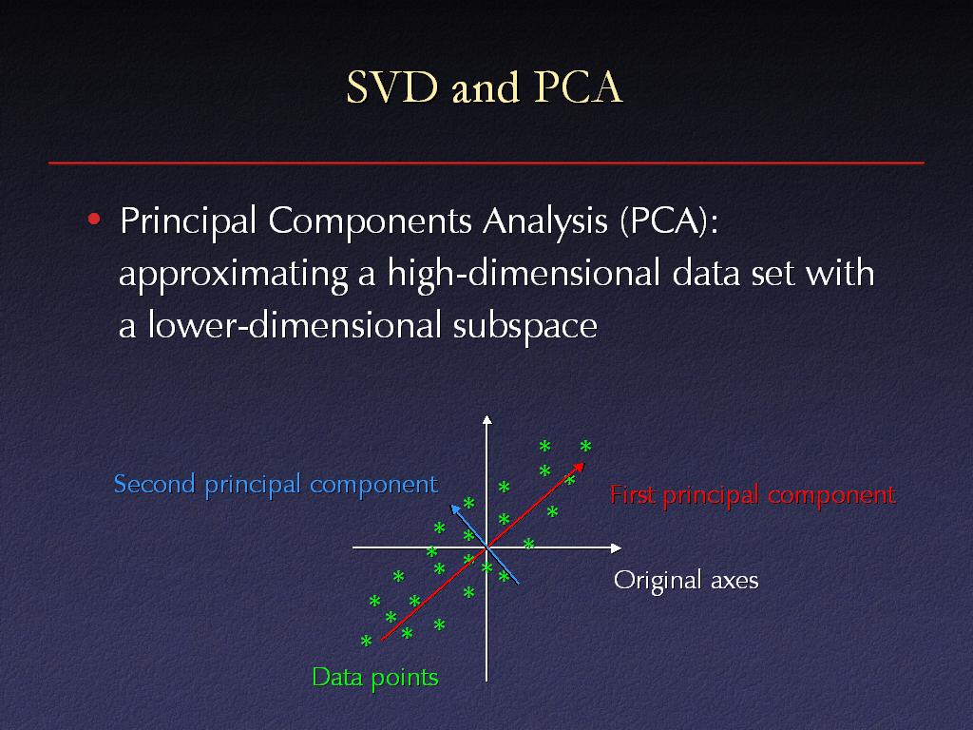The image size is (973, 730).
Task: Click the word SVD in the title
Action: [x=392, y=86]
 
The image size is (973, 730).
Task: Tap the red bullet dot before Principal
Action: [x=94, y=219]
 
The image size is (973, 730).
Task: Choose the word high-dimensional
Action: [x=524, y=274]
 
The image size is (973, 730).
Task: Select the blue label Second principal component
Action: [x=277, y=484]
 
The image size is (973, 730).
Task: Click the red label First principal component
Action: [x=753, y=495]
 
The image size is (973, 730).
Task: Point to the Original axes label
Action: [x=686, y=581]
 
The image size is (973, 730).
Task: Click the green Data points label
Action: [x=374, y=677]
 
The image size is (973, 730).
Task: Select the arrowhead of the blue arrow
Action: [x=455, y=509]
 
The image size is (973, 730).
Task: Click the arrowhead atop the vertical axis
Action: [x=487, y=419]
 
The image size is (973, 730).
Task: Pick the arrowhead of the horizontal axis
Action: [x=616, y=548]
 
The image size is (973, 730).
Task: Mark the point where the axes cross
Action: [x=487, y=548]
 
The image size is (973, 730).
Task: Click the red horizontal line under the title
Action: [x=486, y=163]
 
